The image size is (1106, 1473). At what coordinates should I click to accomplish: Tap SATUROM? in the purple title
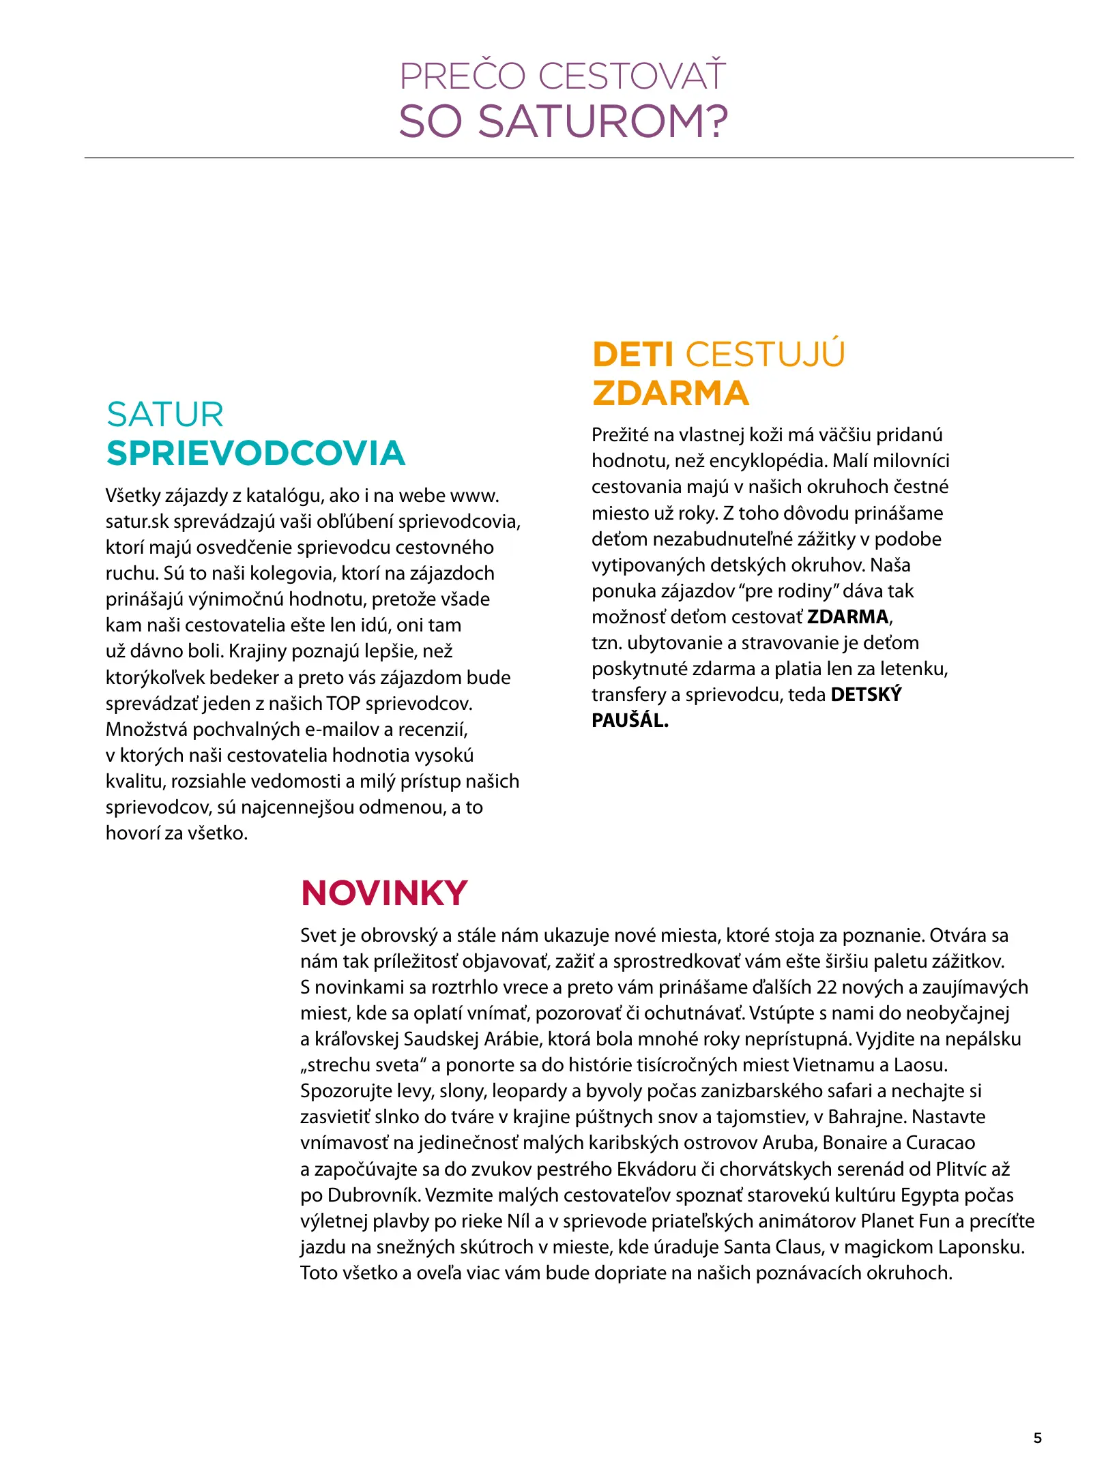coord(602,122)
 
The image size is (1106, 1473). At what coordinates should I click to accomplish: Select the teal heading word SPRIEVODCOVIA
coord(256,453)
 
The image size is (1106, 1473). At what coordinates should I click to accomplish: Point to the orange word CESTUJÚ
coord(765,355)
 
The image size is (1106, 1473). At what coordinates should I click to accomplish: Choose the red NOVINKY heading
coord(384,893)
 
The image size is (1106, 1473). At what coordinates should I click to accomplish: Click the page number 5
coord(1038,1438)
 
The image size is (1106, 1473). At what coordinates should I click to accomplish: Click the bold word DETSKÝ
coord(866,694)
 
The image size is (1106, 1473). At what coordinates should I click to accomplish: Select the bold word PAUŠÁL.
coord(630,720)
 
